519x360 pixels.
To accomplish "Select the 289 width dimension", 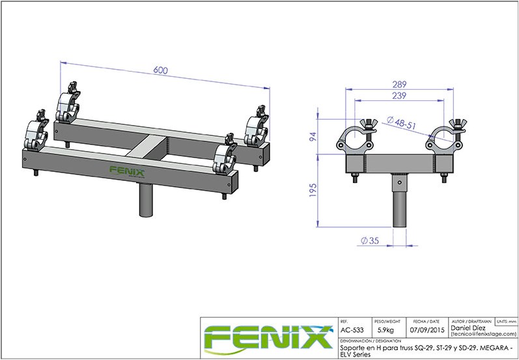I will click(400, 84).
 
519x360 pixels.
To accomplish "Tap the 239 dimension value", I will click(400, 96).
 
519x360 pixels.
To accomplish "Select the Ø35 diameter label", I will click(370, 242).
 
